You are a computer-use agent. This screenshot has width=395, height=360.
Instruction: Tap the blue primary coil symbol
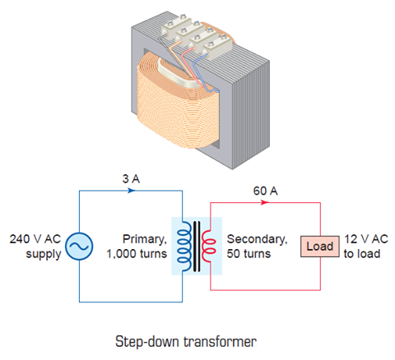click(x=184, y=246)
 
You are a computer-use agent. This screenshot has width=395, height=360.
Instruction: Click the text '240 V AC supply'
click(x=35, y=246)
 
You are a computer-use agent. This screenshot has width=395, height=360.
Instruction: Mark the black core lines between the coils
click(x=196, y=246)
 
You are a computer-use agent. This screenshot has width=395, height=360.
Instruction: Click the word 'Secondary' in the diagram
click(x=257, y=239)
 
